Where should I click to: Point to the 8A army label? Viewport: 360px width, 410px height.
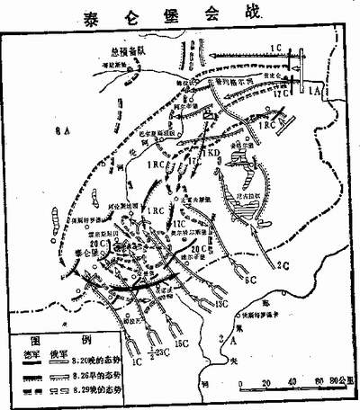coord(60,132)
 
